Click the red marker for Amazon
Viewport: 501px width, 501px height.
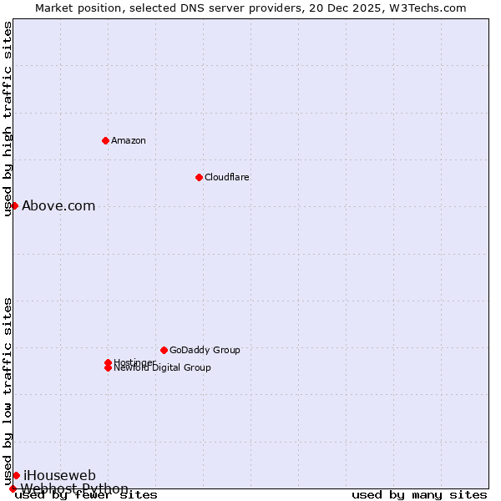[x=105, y=140]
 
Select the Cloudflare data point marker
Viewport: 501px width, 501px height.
[x=199, y=177]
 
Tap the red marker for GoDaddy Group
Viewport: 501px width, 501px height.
[x=164, y=350]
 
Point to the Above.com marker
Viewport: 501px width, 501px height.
[x=14, y=205]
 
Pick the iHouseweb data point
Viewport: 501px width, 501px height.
[x=16, y=475]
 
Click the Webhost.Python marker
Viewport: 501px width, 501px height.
[x=13, y=488]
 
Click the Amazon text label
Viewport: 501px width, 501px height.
[x=129, y=140]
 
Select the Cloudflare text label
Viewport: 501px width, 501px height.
[x=226, y=177]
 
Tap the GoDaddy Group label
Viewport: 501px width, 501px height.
[x=205, y=350]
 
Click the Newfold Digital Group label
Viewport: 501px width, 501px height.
[x=162, y=368]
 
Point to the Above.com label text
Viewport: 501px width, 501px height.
[x=58, y=206]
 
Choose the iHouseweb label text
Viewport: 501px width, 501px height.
[x=59, y=475]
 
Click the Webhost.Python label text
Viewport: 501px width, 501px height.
[x=75, y=488]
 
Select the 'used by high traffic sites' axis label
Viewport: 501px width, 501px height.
[x=8, y=119]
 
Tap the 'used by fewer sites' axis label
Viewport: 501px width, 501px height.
[x=87, y=495]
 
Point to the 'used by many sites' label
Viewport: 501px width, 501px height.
[x=419, y=495]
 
